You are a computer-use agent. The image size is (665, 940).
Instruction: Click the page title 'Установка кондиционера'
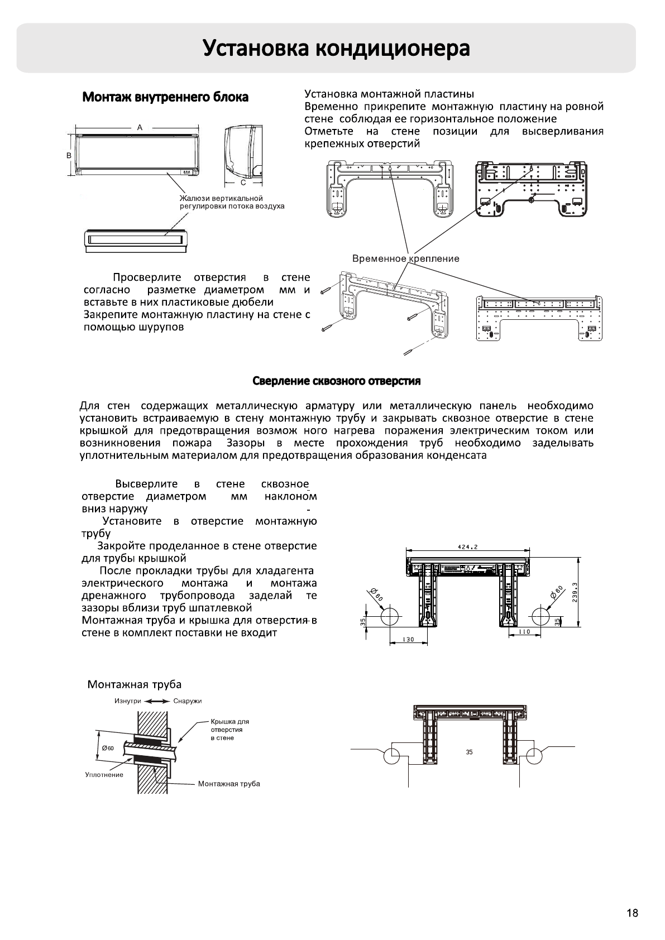coord(336,49)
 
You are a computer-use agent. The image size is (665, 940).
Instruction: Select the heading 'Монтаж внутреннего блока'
coord(165,98)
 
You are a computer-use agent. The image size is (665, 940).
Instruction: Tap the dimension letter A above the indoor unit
coord(140,127)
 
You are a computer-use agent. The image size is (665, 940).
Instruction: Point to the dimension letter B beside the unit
coord(69,155)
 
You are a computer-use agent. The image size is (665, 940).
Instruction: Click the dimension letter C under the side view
coord(243,182)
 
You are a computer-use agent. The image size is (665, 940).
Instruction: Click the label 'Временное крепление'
coord(406,258)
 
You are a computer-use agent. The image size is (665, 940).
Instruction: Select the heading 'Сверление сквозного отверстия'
coord(337,381)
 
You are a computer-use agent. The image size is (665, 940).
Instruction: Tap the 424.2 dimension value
coord(467,546)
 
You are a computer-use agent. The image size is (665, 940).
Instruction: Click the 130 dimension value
coord(408,640)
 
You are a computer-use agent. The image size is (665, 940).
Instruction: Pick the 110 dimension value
coord(524,632)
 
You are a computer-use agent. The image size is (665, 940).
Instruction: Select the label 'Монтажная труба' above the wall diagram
coord(135,685)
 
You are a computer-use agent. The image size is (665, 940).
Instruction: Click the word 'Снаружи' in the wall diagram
coord(188,701)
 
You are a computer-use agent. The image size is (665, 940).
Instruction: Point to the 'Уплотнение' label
coord(104,775)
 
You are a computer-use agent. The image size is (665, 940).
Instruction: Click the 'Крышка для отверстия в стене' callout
coord(229,730)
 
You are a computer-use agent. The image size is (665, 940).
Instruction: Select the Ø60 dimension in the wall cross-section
coord(108,748)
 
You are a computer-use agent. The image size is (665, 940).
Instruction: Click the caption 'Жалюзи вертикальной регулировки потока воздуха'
coord(232,202)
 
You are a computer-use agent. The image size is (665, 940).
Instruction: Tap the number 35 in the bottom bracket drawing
coord(469,752)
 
